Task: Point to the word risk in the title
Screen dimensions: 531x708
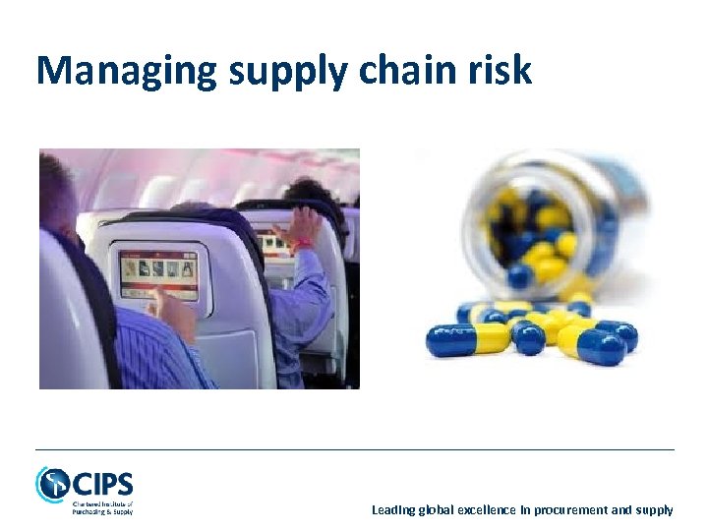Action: click(x=503, y=71)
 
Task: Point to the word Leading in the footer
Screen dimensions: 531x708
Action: click(x=393, y=509)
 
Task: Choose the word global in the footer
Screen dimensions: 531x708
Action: click(x=436, y=509)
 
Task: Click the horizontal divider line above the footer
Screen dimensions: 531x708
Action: click(x=354, y=449)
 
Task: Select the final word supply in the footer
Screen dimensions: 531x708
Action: click(x=655, y=509)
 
